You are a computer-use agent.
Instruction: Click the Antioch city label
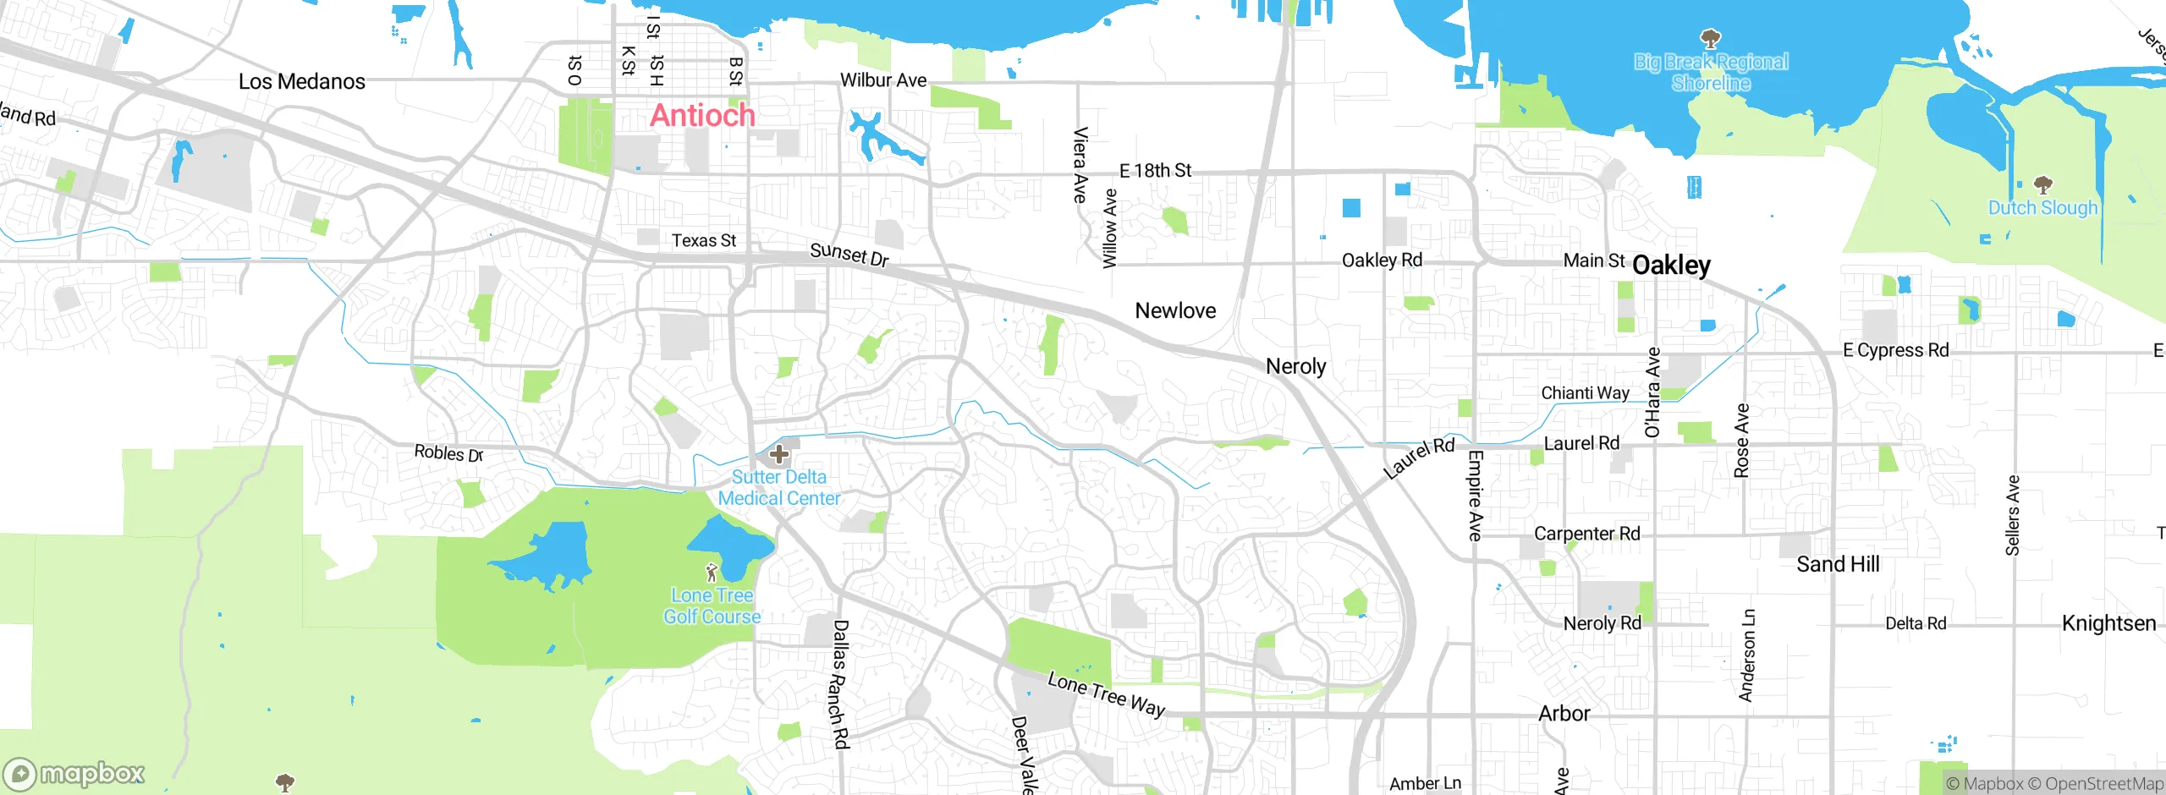tap(702, 116)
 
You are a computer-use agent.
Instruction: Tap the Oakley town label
tap(1671, 266)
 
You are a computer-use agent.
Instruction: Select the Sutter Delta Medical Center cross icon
tap(779, 454)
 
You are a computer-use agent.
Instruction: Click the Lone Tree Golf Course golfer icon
tap(712, 573)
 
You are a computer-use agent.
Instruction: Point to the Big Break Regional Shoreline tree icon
tap(1711, 38)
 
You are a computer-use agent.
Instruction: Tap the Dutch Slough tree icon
tap(2043, 184)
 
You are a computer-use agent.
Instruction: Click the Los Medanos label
tap(302, 82)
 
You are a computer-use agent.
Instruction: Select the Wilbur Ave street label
tap(883, 80)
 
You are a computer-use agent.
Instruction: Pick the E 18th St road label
tap(1155, 171)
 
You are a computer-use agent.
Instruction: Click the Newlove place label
tap(1175, 311)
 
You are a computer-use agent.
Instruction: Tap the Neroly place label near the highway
tap(1295, 366)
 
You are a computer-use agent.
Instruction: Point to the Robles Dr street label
tap(448, 453)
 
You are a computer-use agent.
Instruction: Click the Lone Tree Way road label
tap(1106, 694)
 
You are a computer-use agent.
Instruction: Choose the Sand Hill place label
tap(1838, 564)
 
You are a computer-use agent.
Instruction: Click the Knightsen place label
tap(2108, 623)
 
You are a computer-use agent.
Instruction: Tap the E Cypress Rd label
tap(1895, 350)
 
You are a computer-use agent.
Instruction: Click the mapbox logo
tap(74, 773)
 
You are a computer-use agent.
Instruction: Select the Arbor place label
tap(1564, 714)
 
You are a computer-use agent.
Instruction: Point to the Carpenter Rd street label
tap(1586, 534)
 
